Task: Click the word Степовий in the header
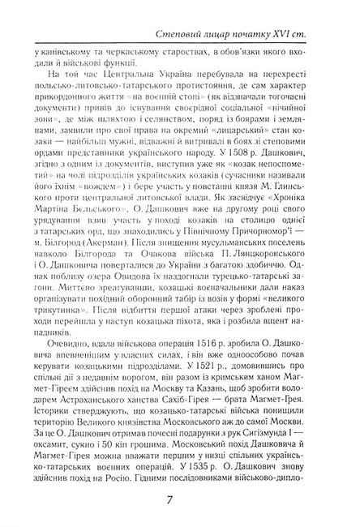pyautogui.click(x=199, y=32)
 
